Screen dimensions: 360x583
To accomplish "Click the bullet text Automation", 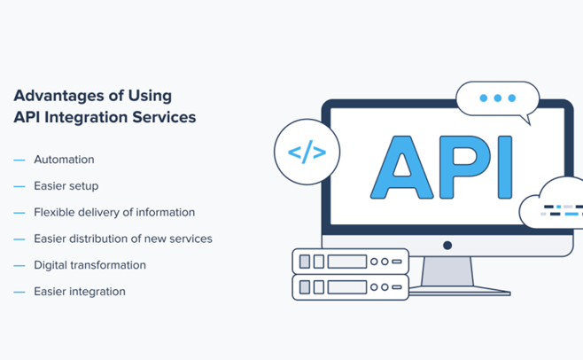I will pos(64,160).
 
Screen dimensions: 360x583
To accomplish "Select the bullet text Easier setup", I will pos(66,186).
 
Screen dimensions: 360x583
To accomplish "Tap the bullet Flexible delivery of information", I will pos(113,213).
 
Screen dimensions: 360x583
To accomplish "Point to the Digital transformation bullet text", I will pos(89,265).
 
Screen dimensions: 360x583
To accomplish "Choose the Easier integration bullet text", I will pos(80,292).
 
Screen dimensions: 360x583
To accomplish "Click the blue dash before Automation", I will pos(19,160).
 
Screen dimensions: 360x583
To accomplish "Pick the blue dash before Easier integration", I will pos(19,292).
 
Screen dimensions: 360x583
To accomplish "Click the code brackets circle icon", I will pos(307,153).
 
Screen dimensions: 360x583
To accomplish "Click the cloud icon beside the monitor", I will pos(554,207).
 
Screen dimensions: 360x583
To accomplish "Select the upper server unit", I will pos(350,262).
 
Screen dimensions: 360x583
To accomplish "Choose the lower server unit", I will pos(350,286).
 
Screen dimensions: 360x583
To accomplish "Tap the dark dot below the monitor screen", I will pos(447,246).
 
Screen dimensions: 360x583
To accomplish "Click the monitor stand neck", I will pos(447,270).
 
